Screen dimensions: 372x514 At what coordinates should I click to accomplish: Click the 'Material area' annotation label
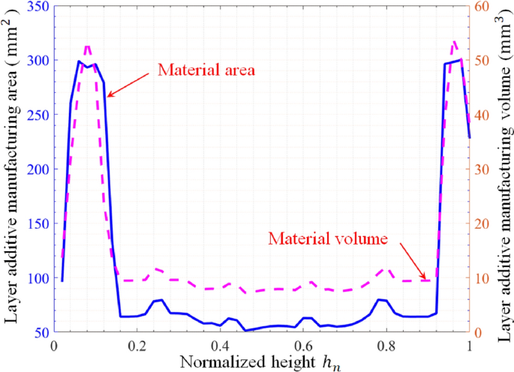[207, 70]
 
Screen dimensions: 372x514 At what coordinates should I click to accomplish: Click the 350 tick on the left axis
[35, 6]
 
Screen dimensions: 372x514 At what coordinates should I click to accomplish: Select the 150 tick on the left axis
[35, 223]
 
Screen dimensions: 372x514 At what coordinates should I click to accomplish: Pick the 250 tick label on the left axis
[35, 115]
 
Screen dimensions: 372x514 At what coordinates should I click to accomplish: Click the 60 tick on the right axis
[480, 6]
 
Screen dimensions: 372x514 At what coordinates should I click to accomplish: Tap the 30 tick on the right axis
[480, 169]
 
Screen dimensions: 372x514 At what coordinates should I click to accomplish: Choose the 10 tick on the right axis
[480, 278]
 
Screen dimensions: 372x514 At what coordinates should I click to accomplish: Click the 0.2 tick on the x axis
[137, 346]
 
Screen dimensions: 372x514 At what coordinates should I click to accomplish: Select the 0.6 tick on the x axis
[303, 346]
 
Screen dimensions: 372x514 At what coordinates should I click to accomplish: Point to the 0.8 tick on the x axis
[386, 346]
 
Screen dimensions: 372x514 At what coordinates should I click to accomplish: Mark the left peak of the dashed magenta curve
[88, 46]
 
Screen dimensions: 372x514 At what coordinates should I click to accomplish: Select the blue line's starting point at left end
[62, 281]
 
